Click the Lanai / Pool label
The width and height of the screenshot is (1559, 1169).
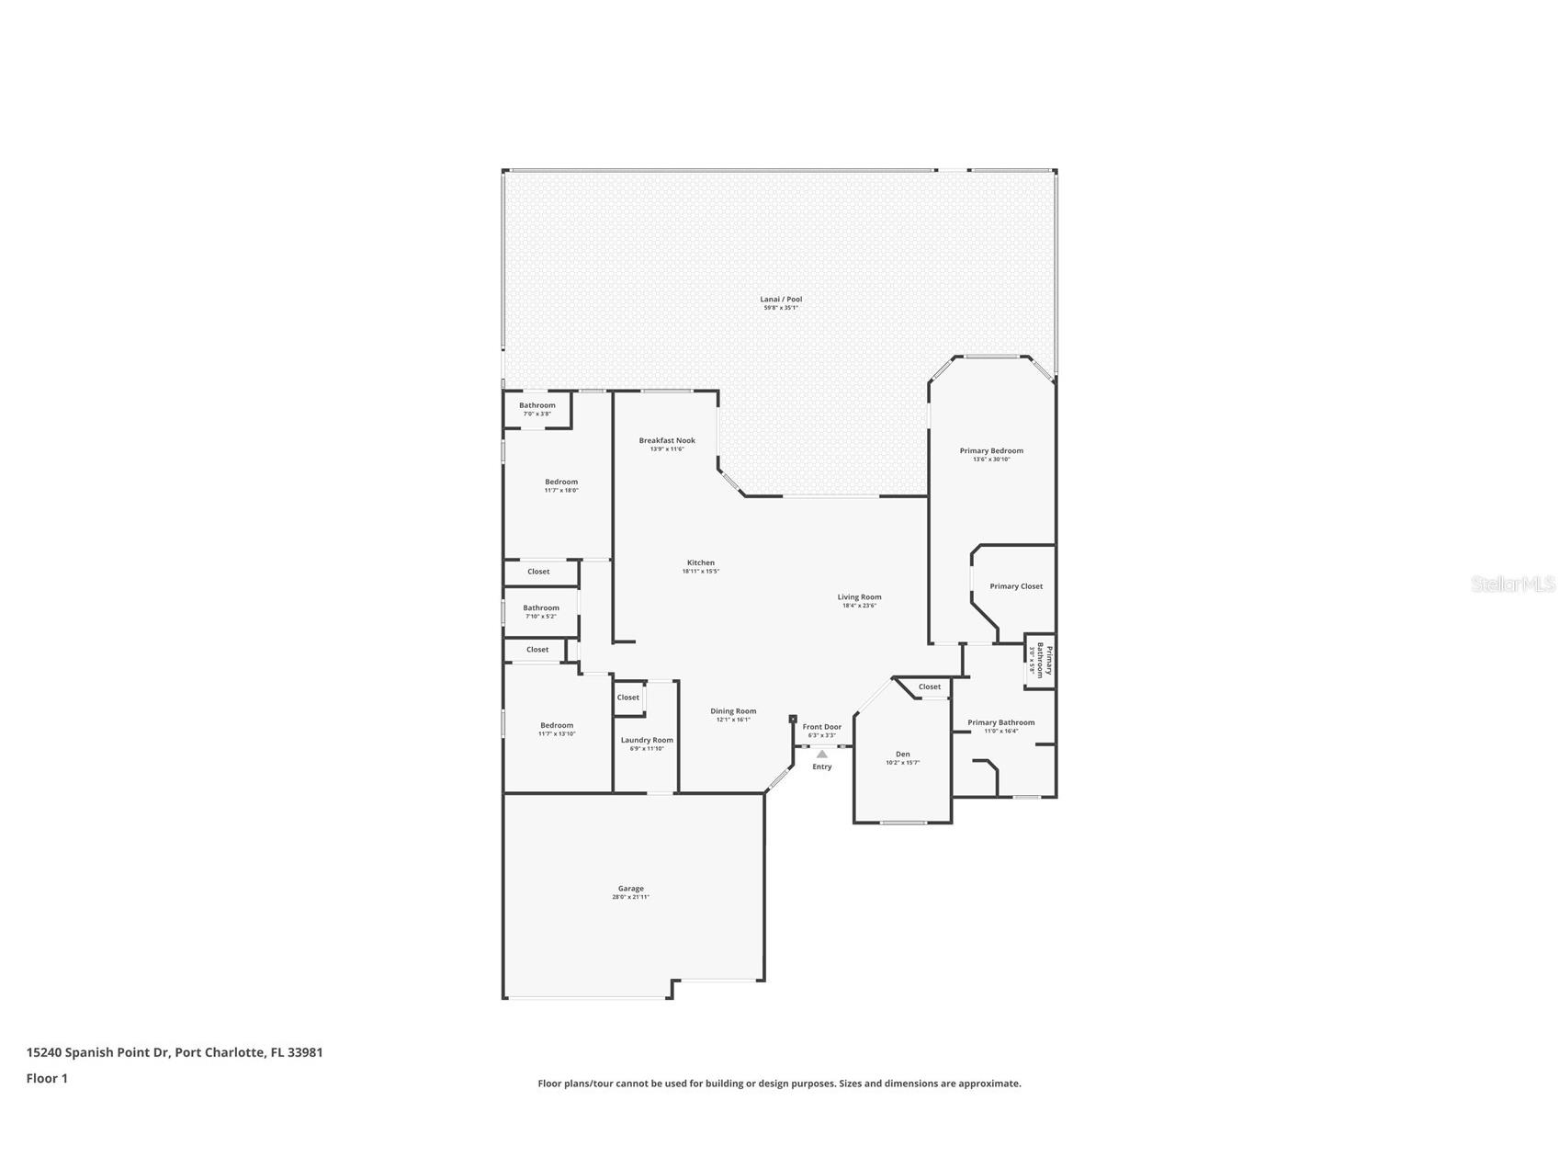780,299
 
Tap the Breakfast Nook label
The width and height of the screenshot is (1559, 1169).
667,440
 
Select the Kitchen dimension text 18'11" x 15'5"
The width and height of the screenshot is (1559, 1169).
700,572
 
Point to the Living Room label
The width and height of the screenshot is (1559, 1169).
859,597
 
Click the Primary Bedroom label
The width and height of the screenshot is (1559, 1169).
990,450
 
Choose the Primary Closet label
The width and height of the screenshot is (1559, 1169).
1015,586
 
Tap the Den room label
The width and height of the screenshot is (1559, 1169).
902,755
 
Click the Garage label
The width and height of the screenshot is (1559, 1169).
630,889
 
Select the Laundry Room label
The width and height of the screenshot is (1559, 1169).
647,740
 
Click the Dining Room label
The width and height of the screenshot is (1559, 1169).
733,710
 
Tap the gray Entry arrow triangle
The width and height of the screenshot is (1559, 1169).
821,755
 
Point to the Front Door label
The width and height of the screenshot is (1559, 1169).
821,727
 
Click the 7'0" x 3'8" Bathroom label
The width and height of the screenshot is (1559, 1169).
537,405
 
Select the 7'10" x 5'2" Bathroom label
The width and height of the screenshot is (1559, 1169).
540,607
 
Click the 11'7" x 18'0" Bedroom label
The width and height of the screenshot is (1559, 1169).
560,482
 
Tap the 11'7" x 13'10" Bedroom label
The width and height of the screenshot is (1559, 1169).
556,725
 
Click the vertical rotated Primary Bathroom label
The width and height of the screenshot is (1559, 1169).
1045,660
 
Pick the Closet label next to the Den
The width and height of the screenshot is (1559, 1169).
929,687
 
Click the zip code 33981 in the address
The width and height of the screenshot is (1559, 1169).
305,1052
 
